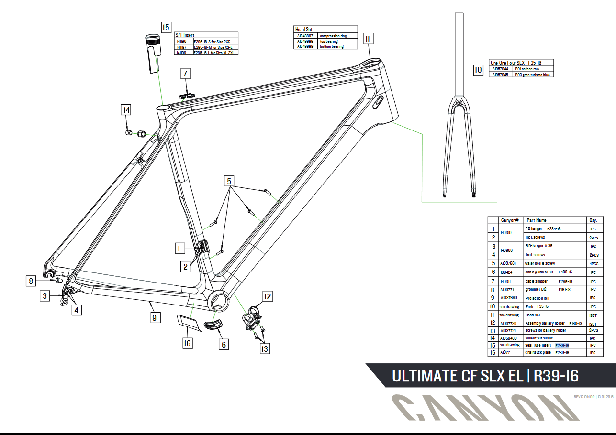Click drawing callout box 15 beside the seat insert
pos(166,27)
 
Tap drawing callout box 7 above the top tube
pos(186,74)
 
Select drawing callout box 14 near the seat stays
pos(126,110)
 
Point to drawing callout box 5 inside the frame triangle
pos(229,181)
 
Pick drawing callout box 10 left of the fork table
pos(478,71)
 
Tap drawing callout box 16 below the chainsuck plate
pos(188,343)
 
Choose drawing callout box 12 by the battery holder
pos(267,297)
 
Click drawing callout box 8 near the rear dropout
pos(31,281)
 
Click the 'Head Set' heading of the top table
pos(304,30)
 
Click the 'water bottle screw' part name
pos(540,263)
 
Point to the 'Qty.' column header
pos(593,220)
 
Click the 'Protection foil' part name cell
pos(538,298)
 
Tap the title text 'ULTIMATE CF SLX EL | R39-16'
pos(485,376)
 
